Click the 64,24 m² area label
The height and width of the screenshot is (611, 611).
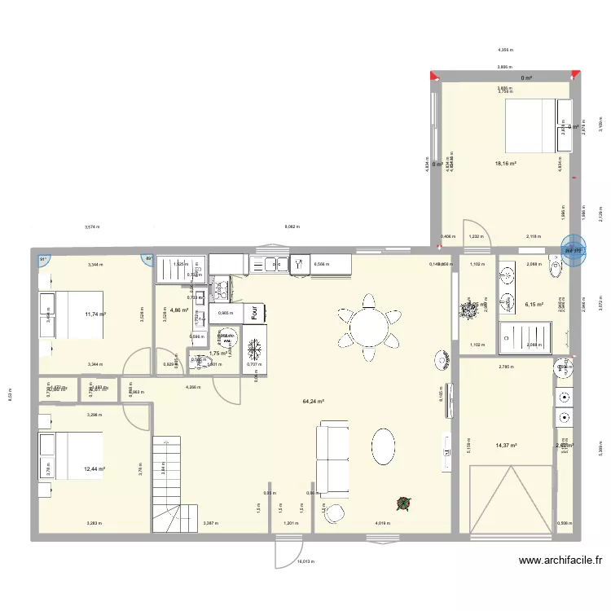(314, 402)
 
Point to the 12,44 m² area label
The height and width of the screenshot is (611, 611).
(95, 469)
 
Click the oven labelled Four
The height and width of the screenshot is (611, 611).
(255, 312)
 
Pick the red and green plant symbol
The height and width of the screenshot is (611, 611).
(402, 504)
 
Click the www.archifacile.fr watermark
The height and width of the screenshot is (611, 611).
(560, 560)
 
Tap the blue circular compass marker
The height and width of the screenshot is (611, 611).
(574, 250)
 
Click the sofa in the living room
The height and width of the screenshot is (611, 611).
(332, 460)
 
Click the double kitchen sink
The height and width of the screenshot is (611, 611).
(270, 263)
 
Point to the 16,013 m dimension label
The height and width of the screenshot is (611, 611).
(305, 561)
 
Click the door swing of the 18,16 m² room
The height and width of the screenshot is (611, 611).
(475, 231)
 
